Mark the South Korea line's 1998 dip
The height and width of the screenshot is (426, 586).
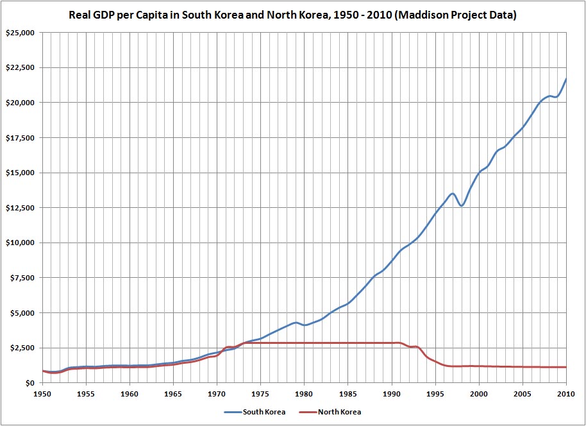pyautogui.click(x=462, y=205)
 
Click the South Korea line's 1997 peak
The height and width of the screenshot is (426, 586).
pyautogui.click(x=453, y=193)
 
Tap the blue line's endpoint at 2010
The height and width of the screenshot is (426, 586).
pyautogui.click(x=566, y=79)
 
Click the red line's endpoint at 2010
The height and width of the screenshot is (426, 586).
pyautogui.click(x=566, y=367)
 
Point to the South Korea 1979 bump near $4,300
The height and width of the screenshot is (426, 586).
pyautogui.click(x=296, y=323)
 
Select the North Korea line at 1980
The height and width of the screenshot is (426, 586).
pyautogui.click(x=305, y=343)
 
